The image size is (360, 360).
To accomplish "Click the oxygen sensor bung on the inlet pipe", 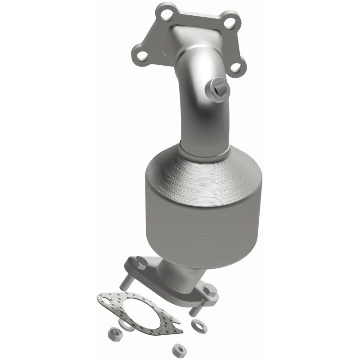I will pos(218,90).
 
